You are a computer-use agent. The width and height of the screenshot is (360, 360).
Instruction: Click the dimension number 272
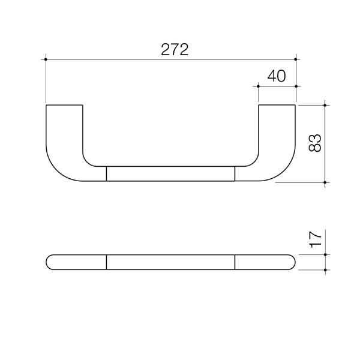(x=175, y=50)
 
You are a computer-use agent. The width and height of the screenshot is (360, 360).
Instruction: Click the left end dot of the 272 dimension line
(x=46, y=59)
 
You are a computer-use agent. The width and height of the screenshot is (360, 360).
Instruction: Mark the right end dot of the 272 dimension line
(x=296, y=59)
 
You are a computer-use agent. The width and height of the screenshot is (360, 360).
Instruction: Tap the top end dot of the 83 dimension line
(x=325, y=105)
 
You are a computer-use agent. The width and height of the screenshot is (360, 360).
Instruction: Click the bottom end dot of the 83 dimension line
(x=325, y=182)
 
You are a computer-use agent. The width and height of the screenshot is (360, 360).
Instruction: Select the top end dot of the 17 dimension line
(x=325, y=254)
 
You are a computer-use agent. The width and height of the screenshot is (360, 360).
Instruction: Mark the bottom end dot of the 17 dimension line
(x=325, y=270)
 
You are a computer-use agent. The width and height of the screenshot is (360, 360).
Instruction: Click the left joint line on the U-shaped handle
(x=106, y=173)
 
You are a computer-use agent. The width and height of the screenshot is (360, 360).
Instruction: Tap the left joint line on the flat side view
(x=106, y=262)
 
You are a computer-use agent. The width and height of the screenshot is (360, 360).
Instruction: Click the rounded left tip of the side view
(x=47, y=262)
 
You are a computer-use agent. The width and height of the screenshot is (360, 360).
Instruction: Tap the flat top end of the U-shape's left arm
(x=64, y=106)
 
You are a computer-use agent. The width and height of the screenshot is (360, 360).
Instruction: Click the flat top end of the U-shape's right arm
(x=277, y=106)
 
